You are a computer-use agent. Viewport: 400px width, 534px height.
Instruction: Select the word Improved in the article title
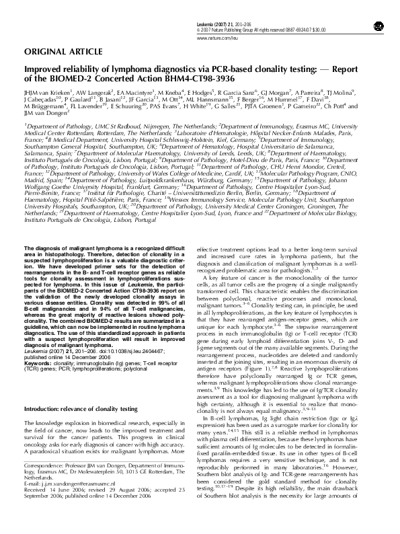42,69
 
